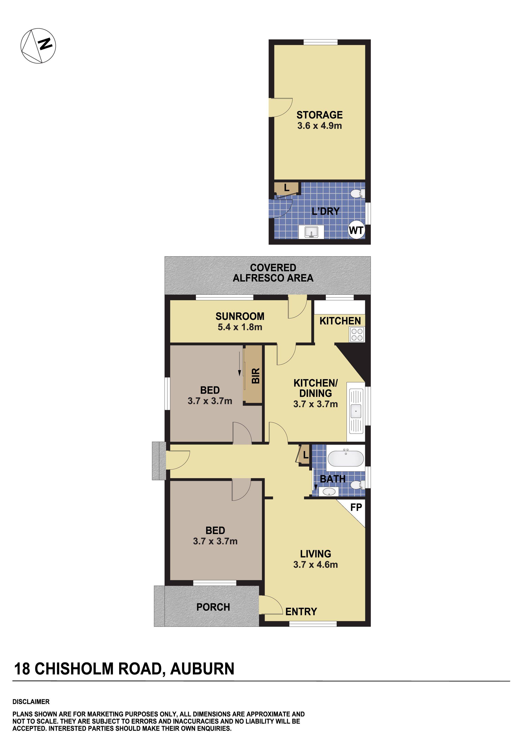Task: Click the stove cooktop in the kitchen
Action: pos(357,334)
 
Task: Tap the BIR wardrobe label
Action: pos(256,376)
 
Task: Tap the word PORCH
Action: pos(213,607)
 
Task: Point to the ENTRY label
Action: pos(301,612)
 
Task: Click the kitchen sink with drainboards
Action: pos(356,412)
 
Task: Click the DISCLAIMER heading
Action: pos(31,702)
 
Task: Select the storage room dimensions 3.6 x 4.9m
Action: pos(319,126)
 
